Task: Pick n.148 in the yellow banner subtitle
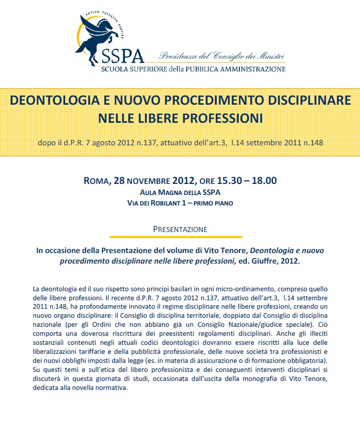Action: (311, 142)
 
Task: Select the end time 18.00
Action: (264, 181)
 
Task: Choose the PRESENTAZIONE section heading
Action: (180, 229)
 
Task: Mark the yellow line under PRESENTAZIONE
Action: (180, 237)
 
